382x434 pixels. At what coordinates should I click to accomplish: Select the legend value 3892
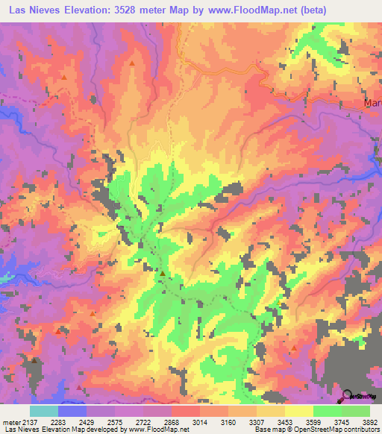[x=370, y=422]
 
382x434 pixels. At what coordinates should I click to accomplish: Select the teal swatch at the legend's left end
[x=43, y=411]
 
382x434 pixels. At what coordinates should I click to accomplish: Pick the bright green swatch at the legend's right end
[x=356, y=411]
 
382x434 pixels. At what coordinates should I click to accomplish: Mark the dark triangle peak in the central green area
[x=162, y=274]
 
